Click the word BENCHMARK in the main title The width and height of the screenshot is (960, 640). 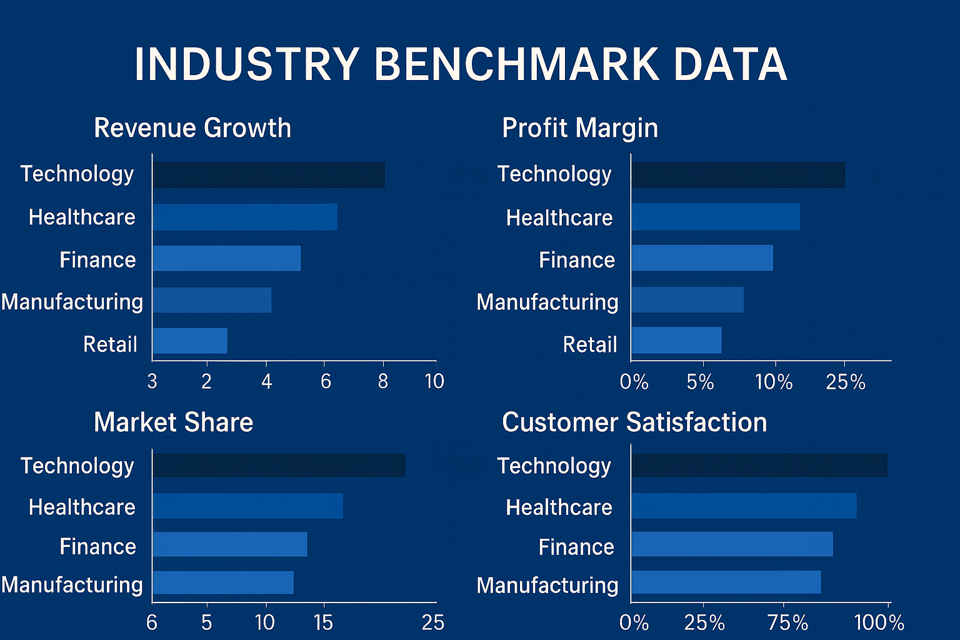pyautogui.click(x=516, y=64)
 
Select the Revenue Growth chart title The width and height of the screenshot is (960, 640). pyautogui.click(x=192, y=128)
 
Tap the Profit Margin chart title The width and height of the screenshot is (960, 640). pyautogui.click(x=579, y=128)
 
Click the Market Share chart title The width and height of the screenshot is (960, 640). pyautogui.click(x=173, y=422)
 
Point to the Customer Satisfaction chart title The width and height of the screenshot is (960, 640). pyautogui.click(x=634, y=422)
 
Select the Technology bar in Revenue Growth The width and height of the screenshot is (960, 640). pyautogui.click(x=269, y=175)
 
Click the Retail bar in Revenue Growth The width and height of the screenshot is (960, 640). pyautogui.click(x=190, y=341)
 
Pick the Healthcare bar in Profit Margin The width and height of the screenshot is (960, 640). pyautogui.click(x=715, y=217)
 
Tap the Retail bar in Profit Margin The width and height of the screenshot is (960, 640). pyautogui.click(x=676, y=341)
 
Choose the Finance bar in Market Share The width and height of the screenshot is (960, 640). pyautogui.click(x=230, y=544)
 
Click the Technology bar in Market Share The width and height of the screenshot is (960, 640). pyautogui.click(x=279, y=466)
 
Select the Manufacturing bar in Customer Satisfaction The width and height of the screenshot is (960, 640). pyautogui.click(x=726, y=582)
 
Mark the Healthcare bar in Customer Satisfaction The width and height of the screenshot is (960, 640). pyautogui.click(x=744, y=506)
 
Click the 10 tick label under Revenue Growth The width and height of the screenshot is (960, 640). pyautogui.click(x=434, y=381)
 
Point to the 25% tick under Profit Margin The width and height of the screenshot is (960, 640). pyautogui.click(x=845, y=382)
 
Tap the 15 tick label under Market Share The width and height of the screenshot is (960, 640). pyautogui.click(x=323, y=622)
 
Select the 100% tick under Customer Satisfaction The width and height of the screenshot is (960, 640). pyautogui.click(x=879, y=622)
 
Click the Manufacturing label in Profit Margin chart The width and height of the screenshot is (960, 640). pyautogui.click(x=547, y=302)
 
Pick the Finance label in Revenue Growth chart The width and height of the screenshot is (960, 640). pyautogui.click(x=97, y=260)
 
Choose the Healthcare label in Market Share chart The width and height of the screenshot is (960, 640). pyautogui.click(x=82, y=507)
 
